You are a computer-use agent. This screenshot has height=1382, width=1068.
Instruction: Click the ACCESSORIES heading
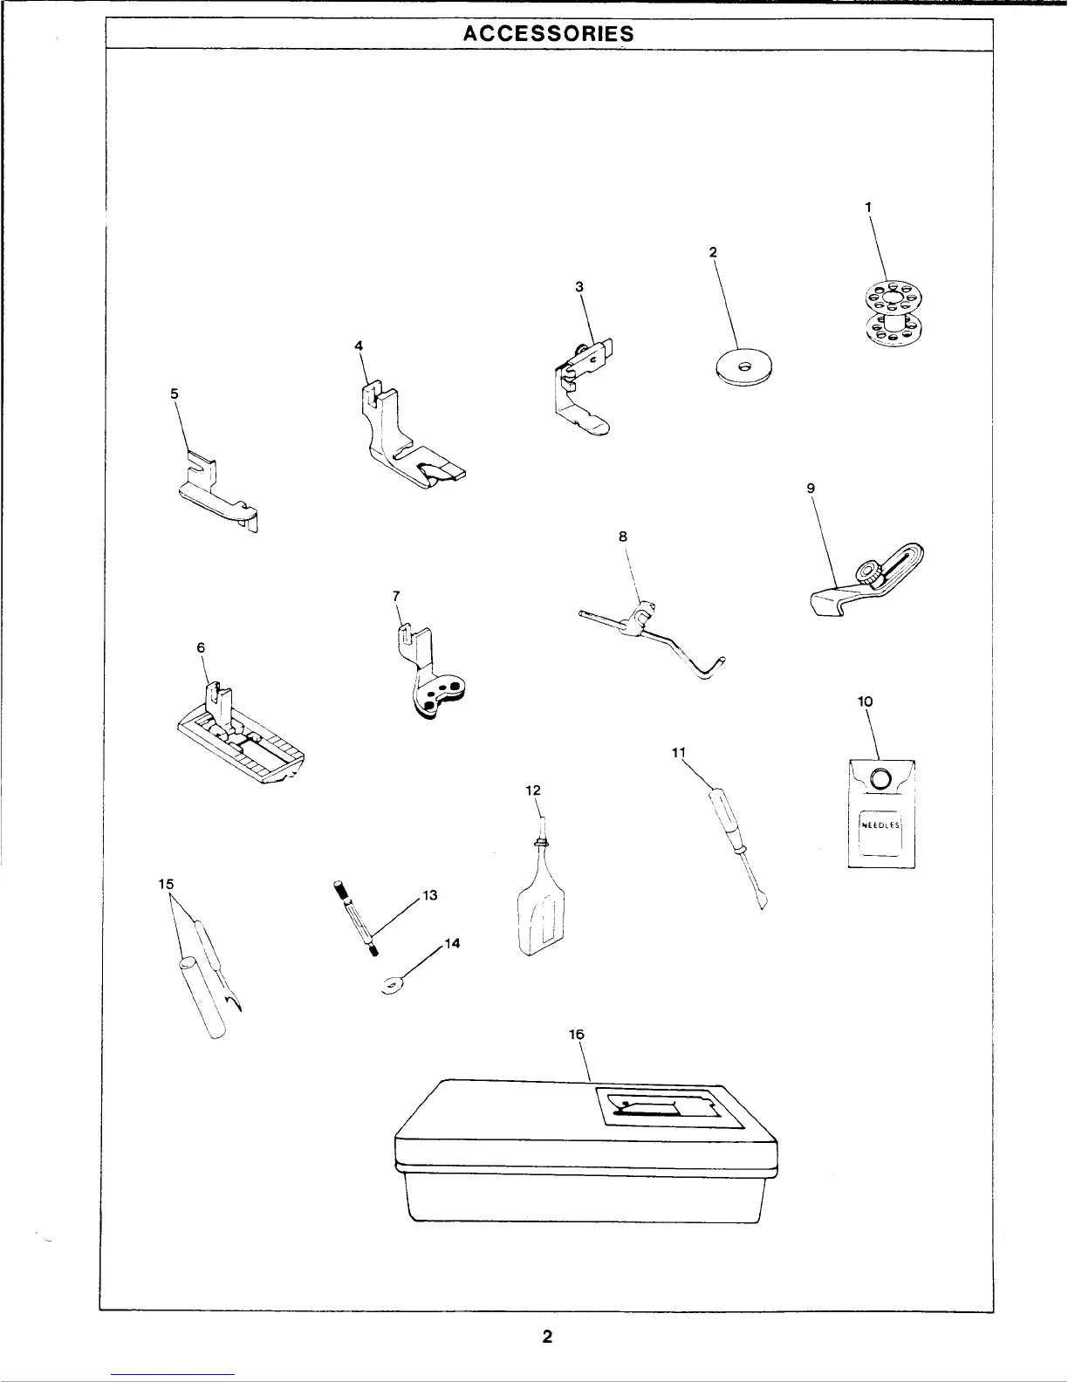coord(548,34)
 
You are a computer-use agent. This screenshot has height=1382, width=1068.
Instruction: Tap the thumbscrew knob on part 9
coord(868,573)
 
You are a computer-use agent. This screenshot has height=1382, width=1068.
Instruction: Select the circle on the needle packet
coord(881,777)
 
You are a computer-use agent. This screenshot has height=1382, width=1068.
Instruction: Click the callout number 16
coord(576,1034)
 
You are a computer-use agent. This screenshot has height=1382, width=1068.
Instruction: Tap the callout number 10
coord(866,701)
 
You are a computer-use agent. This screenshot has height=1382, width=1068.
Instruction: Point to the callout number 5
coord(175,393)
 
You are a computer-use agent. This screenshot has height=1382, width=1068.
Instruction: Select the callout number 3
coord(579,286)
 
